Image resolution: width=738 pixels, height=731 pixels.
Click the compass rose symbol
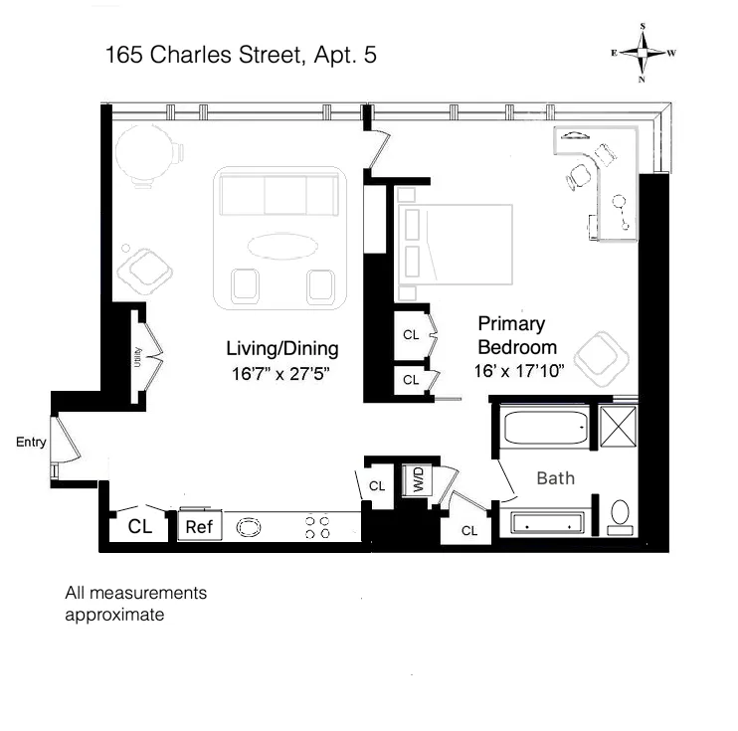644,55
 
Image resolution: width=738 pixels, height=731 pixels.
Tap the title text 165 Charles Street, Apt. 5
241,56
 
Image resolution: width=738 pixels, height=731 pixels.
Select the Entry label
31,443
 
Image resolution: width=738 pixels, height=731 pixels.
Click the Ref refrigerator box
200,527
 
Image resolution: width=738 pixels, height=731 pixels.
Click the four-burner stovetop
317,527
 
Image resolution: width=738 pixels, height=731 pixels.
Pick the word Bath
555,478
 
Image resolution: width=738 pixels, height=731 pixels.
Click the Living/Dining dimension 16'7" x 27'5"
282,375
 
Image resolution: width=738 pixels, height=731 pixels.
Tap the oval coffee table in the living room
278,245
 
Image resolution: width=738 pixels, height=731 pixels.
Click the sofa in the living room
277,194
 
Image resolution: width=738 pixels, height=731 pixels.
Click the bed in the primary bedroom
456,247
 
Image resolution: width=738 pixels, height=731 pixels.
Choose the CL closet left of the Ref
140,526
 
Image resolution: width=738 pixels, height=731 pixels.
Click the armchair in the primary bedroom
603,359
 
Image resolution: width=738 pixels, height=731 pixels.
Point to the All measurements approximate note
135,604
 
